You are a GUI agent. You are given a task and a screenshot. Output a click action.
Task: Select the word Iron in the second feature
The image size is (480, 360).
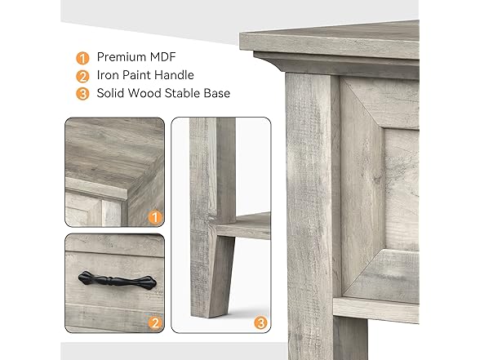click(x=109, y=75)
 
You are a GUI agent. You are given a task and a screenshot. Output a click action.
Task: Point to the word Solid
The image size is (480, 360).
click(x=112, y=93)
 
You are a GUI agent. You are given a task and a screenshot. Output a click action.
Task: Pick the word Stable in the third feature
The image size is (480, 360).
click(x=179, y=93)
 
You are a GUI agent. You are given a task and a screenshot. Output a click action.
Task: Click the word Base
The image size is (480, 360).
click(x=216, y=93)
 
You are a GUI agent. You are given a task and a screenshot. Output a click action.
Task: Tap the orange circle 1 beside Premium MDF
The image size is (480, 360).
click(x=82, y=57)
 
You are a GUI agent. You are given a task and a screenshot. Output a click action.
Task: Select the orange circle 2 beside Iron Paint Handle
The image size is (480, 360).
click(x=82, y=75)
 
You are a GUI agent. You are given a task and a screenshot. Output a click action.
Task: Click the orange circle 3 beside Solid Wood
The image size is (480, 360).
click(x=82, y=93)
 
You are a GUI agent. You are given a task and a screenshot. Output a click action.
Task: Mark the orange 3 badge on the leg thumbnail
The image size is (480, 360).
click(x=260, y=322)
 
